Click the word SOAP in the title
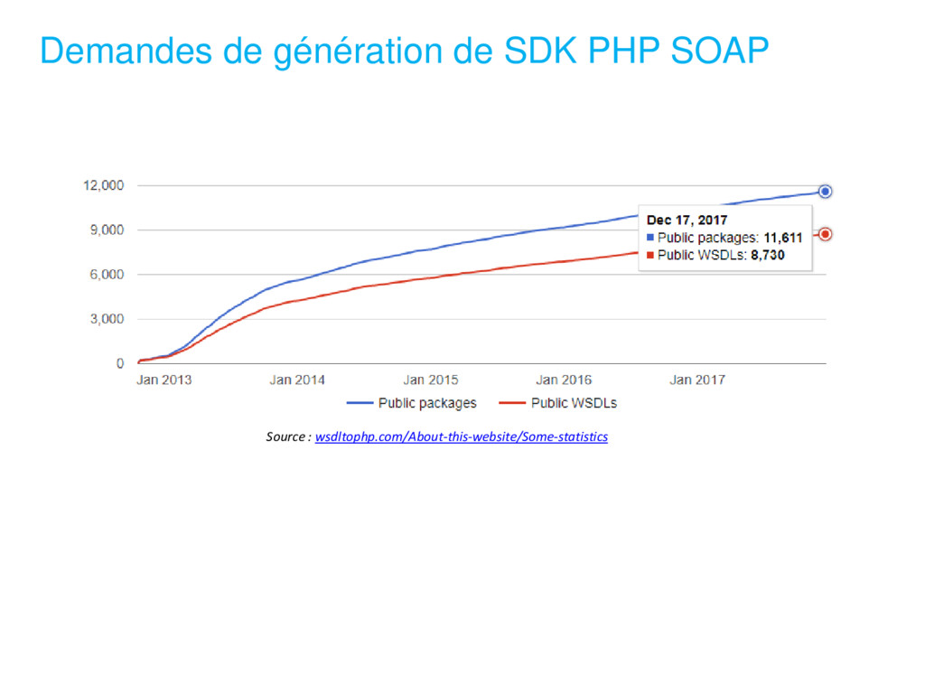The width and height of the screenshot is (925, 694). pyautogui.click(x=719, y=51)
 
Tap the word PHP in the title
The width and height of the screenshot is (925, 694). pyautogui.click(x=623, y=51)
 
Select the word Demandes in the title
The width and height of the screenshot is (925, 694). pyautogui.click(x=126, y=51)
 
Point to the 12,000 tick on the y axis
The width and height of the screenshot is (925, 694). pyautogui.click(x=104, y=186)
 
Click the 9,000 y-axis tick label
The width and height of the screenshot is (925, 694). pyautogui.click(x=107, y=230)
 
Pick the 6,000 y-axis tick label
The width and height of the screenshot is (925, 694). pyautogui.click(x=107, y=275)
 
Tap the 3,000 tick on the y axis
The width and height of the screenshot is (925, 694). pyautogui.click(x=107, y=319)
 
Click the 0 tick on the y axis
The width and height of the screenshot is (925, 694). pyautogui.click(x=120, y=363)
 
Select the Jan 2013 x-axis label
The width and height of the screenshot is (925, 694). pyautogui.click(x=164, y=380)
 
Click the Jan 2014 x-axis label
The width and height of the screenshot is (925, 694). pyautogui.click(x=297, y=380)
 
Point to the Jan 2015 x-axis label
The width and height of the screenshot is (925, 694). pyautogui.click(x=431, y=380)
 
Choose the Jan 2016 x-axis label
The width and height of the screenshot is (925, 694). pyautogui.click(x=564, y=380)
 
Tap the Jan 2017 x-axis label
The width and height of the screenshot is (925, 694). pyautogui.click(x=697, y=380)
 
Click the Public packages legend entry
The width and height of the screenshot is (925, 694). pyautogui.click(x=412, y=403)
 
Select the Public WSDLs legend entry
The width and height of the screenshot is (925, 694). pyautogui.click(x=558, y=403)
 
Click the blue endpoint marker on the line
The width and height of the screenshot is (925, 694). pyautogui.click(x=826, y=192)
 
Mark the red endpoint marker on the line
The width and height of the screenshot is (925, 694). pyautogui.click(x=826, y=234)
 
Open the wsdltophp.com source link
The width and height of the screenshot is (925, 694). pyautogui.click(x=462, y=436)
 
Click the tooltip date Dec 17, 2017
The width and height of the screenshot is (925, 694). pyautogui.click(x=687, y=220)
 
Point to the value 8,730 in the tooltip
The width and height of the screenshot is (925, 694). pyautogui.click(x=768, y=256)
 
